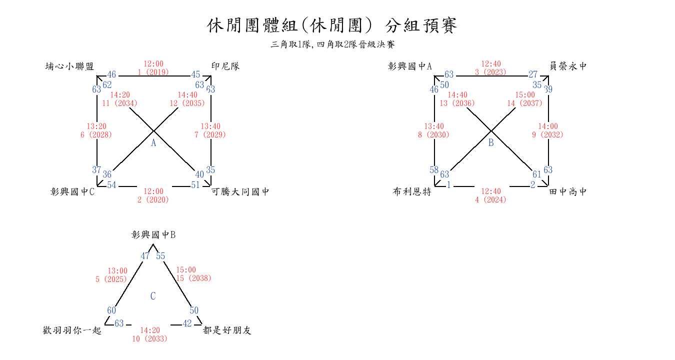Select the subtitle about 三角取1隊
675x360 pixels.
(x=332, y=44)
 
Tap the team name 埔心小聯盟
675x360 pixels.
(x=69, y=66)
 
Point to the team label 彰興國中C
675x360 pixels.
(x=72, y=191)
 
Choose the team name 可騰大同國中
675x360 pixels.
(x=240, y=191)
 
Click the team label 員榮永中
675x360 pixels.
(x=568, y=66)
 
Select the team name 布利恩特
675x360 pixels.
(x=412, y=191)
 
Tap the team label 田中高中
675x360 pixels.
(x=568, y=191)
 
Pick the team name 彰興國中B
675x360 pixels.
(x=153, y=234)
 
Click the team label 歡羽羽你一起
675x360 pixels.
(x=72, y=330)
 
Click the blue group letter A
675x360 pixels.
(x=153, y=143)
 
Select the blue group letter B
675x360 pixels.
(x=491, y=143)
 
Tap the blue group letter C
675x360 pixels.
(x=153, y=296)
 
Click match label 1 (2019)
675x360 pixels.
(x=153, y=72)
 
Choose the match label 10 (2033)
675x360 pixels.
(x=149, y=338)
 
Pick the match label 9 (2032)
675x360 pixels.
(x=547, y=134)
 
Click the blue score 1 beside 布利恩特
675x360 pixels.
(x=449, y=185)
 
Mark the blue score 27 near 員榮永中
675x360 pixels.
(x=533, y=75)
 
